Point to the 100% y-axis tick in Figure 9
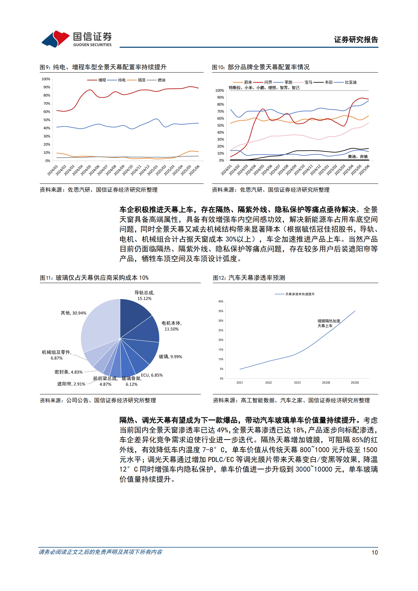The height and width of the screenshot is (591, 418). (46, 79)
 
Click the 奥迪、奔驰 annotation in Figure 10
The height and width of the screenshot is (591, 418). (358, 157)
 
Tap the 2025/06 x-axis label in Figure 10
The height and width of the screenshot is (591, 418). (365, 170)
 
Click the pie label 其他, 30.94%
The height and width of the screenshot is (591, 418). (73, 313)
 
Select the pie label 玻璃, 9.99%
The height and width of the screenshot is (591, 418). (170, 357)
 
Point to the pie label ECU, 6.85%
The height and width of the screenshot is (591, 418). (152, 375)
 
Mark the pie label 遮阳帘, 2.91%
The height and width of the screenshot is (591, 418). (71, 384)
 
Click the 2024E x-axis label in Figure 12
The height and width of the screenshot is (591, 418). (326, 383)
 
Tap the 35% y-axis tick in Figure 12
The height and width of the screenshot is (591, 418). (221, 311)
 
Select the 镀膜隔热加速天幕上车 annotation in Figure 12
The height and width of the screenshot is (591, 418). (328, 323)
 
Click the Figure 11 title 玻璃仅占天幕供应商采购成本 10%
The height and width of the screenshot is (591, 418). (94, 278)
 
